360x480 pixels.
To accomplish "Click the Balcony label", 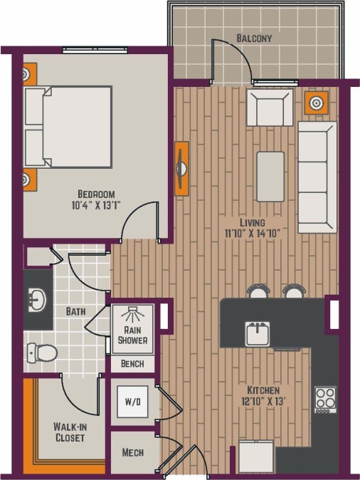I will pyautogui.click(x=254, y=38).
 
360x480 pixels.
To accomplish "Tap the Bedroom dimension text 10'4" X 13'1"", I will pyautogui.click(x=96, y=207).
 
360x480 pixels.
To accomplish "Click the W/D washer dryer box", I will pyautogui.click(x=133, y=402).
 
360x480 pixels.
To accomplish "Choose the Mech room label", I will pyautogui.click(x=133, y=452).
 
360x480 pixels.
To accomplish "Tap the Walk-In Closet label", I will pyautogui.click(x=70, y=432).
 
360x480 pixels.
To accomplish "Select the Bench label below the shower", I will pyautogui.click(x=132, y=364).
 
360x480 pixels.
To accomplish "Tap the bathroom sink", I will pyautogui.click(x=36, y=301).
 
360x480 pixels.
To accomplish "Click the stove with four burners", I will pyautogui.click(x=326, y=400).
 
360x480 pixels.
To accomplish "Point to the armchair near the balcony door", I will pyautogui.click(x=270, y=108).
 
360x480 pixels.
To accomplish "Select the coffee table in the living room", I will pyautogui.click(x=270, y=176).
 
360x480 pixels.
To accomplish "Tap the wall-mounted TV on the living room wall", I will pyautogui.click(x=182, y=169).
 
